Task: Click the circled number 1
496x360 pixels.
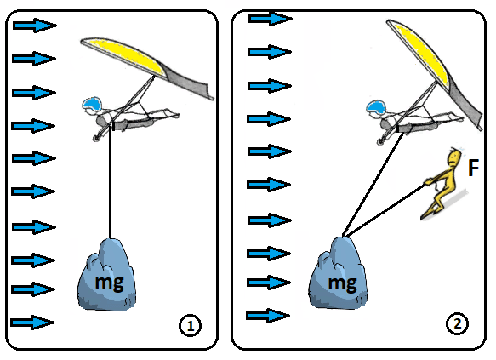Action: pos(190,325)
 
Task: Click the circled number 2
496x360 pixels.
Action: pos(458,323)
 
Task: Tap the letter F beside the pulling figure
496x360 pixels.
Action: pos(473,168)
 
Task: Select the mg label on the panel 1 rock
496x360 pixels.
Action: pos(109,283)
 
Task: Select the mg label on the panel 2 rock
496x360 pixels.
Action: pos(342,283)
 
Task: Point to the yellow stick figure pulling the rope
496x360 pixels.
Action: pos(442,184)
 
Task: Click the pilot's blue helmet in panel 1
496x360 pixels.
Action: pos(92,104)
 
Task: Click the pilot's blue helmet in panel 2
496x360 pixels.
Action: pos(376,107)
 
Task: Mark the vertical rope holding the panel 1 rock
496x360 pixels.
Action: pos(110,183)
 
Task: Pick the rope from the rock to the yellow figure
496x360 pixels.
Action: pos(385,210)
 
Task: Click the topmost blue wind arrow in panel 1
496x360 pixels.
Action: pos(35,26)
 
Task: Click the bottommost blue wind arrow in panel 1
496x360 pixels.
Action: pos(32,323)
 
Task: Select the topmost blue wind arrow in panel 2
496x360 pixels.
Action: pos(271,19)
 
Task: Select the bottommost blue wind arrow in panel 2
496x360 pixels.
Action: pos(268,316)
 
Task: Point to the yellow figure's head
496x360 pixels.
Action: pos(454,156)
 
